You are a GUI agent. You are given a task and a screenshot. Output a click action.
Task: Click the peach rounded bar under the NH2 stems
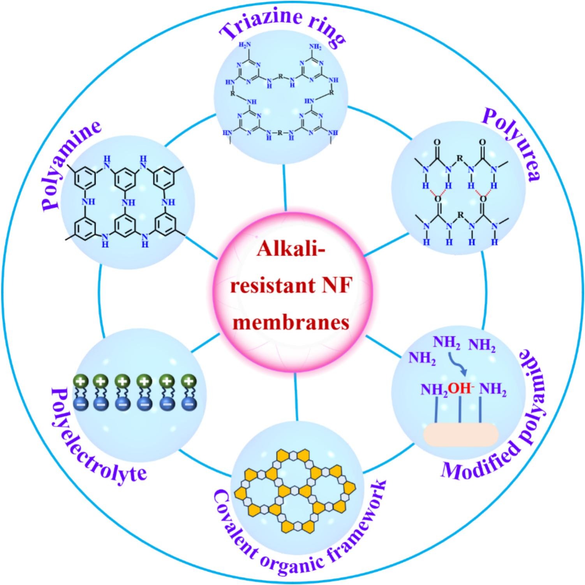(461, 435)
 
